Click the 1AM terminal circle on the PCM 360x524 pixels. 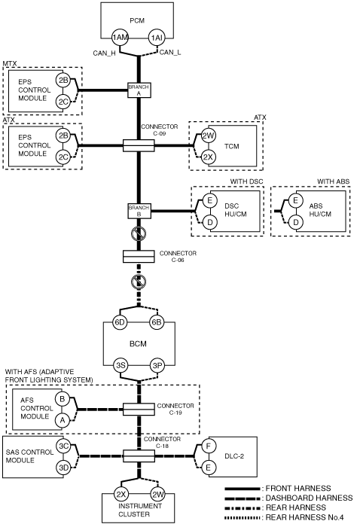(120, 38)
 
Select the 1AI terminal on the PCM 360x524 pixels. (156, 38)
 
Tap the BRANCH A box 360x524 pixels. (139, 90)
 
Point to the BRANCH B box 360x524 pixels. (139, 211)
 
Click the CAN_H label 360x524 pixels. (104, 53)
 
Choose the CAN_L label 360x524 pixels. (170, 53)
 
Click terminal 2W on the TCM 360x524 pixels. (208, 136)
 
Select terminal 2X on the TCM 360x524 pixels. (208, 157)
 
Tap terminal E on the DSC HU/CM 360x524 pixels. (210, 200)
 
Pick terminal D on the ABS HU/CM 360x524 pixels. (296, 222)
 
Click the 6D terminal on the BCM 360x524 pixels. (120, 322)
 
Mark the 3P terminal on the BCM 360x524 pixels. (157, 365)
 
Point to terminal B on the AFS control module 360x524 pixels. (63, 399)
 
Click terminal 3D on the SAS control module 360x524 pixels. (63, 468)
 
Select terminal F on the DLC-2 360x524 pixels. (209, 446)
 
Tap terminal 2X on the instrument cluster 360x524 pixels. (121, 494)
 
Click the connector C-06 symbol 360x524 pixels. (139, 257)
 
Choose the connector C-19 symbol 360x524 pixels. (139, 410)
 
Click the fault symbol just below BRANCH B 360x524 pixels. (139, 234)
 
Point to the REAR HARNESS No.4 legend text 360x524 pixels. (304, 517)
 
